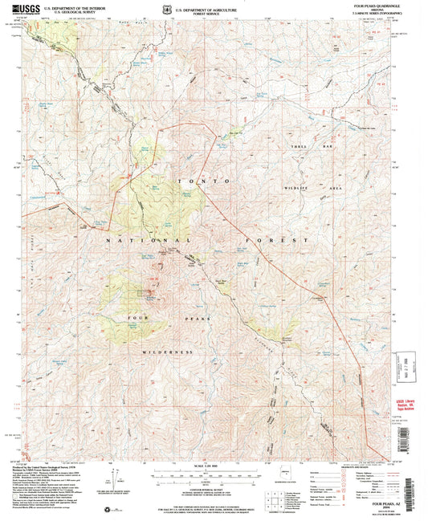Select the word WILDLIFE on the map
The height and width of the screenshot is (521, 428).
tap(300, 186)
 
